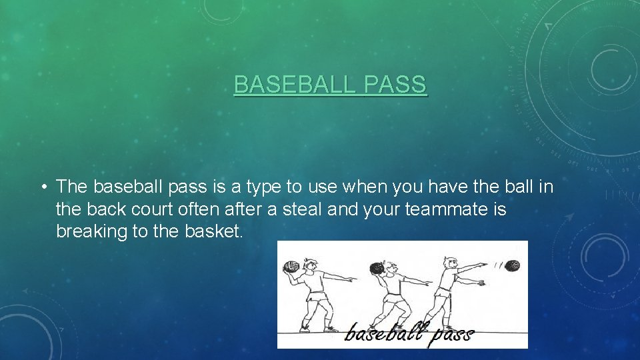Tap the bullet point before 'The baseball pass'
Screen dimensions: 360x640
click(x=42, y=187)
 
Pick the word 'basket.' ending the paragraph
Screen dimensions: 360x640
click(x=213, y=232)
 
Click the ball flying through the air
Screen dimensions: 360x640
click(x=511, y=265)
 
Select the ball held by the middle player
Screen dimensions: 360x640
click(x=375, y=269)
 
